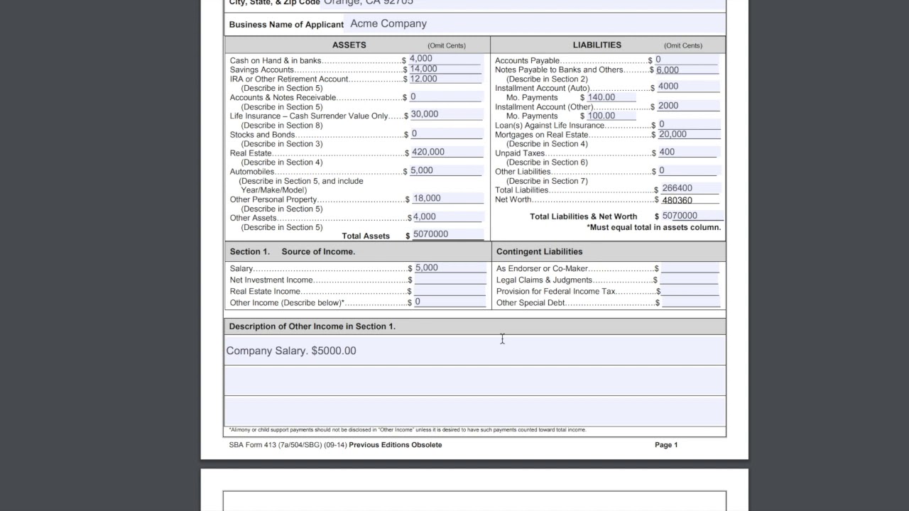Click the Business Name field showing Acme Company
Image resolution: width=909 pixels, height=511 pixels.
(388, 23)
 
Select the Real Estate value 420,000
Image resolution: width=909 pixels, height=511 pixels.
(428, 152)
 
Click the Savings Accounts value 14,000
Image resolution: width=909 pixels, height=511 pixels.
(423, 69)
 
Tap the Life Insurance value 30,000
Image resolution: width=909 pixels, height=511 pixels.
(425, 114)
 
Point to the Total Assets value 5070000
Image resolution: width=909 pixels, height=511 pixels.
(430, 234)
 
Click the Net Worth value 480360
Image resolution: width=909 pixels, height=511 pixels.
(677, 200)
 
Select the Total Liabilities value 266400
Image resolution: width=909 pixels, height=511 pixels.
(677, 189)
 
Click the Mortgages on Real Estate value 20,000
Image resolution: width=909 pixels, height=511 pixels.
(672, 134)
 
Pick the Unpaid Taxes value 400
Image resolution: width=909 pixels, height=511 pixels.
(667, 152)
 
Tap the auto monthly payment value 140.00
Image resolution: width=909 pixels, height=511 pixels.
(602, 97)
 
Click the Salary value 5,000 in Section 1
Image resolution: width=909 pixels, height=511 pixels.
(427, 268)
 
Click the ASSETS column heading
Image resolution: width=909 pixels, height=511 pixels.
(349, 45)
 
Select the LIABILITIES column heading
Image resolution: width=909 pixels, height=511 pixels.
(597, 45)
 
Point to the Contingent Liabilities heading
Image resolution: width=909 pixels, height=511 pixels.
(539, 251)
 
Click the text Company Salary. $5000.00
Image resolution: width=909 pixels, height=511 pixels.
(291, 351)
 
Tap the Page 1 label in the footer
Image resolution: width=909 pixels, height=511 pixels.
(666, 445)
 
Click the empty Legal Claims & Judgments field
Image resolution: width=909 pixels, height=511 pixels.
(689, 280)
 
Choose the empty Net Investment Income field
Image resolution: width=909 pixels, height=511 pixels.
(450, 280)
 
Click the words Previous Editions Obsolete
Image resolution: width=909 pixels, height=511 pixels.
(396, 445)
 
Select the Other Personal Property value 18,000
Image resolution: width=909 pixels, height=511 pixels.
(427, 199)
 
